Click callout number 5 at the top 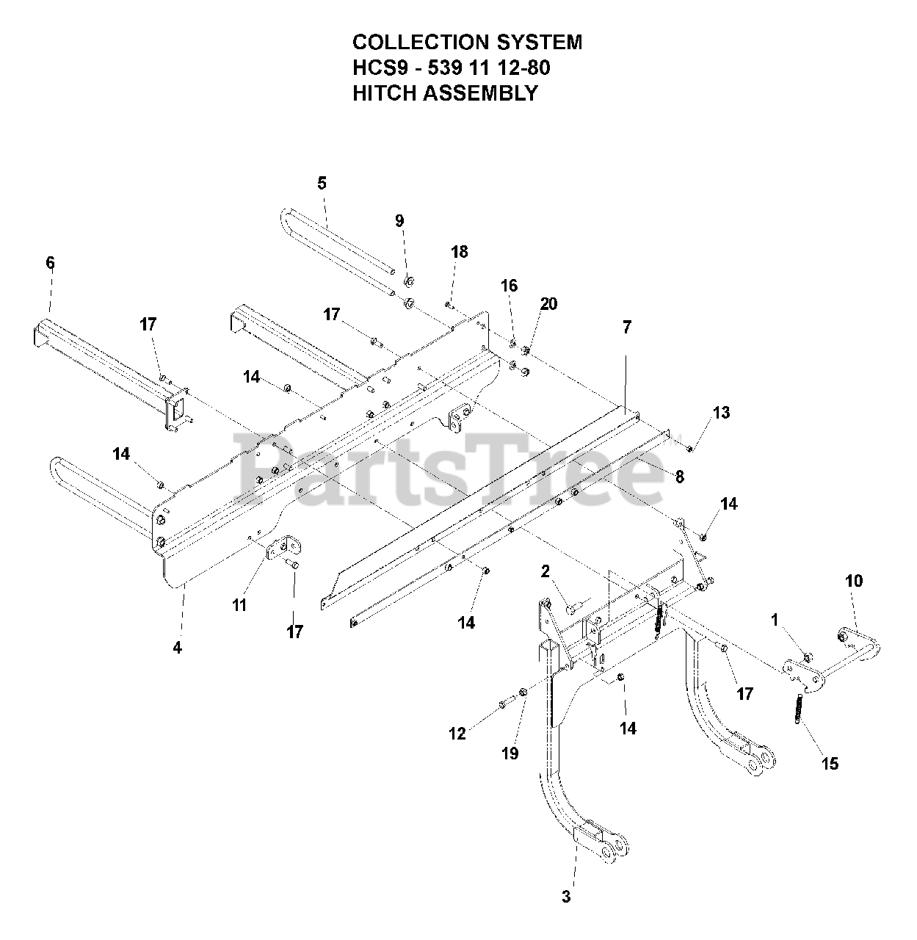[322, 183]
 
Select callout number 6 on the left [50, 262]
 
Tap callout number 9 [399, 220]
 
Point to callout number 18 [459, 252]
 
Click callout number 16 [509, 286]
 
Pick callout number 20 [548, 304]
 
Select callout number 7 [626, 328]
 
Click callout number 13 [721, 413]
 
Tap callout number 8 [679, 477]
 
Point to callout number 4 [177, 647]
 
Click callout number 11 [239, 605]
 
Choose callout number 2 [545, 571]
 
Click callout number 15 [830, 763]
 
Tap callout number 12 [457, 733]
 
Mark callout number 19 [510, 753]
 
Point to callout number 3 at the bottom [565, 896]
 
